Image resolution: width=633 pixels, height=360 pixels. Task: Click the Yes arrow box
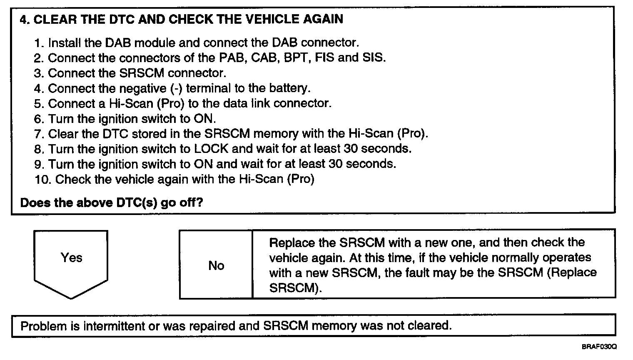[x=71, y=259]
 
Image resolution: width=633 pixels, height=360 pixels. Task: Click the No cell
[x=216, y=265]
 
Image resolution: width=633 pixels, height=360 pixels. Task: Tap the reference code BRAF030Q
[x=600, y=347]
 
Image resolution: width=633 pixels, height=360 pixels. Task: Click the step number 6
[x=39, y=119]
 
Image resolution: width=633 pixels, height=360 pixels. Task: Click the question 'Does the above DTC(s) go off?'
[x=112, y=203]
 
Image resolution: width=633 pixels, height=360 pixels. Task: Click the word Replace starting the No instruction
[x=292, y=242]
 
